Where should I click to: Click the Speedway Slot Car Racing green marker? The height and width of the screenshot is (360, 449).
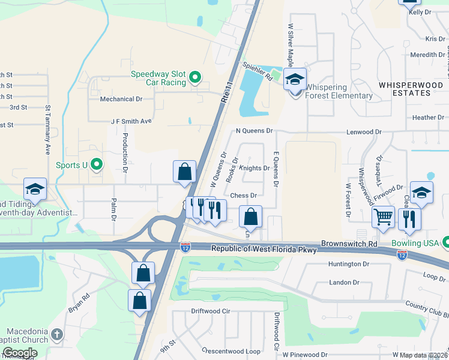[x=194, y=77]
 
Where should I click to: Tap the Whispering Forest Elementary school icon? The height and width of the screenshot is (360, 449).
[x=295, y=80]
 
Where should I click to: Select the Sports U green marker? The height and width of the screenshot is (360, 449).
[x=95, y=164]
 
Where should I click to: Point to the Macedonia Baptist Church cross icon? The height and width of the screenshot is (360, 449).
[x=56, y=334]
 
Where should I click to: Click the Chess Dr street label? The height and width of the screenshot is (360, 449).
[x=244, y=196]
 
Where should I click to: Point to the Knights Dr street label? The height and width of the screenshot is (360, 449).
[x=254, y=168]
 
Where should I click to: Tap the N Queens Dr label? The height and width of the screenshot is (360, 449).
[x=254, y=130]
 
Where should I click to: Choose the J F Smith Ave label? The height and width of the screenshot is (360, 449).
[x=131, y=121]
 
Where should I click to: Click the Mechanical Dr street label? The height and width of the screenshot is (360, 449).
[x=121, y=99]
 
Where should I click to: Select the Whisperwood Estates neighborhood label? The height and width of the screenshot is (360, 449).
[x=411, y=89]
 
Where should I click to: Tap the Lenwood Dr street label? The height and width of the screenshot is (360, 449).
[x=364, y=131]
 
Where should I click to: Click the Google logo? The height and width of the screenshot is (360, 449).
[x=20, y=353]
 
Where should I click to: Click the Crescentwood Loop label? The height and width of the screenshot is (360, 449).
[x=231, y=351]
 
